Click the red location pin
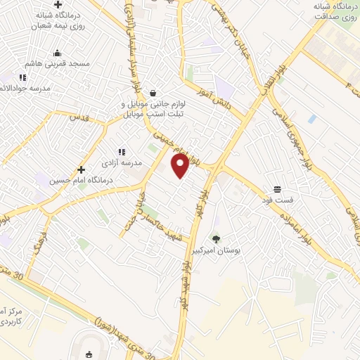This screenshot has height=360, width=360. (x=180, y=166)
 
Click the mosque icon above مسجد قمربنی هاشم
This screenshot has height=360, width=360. (x=57, y=53)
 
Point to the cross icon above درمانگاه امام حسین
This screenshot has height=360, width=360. (x=82, y=169)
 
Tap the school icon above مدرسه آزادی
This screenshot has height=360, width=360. (x=122, y=151)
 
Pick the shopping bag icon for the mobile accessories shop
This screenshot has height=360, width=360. (x=153, y=93)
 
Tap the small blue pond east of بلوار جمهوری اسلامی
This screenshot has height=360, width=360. (x=311, y=119)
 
